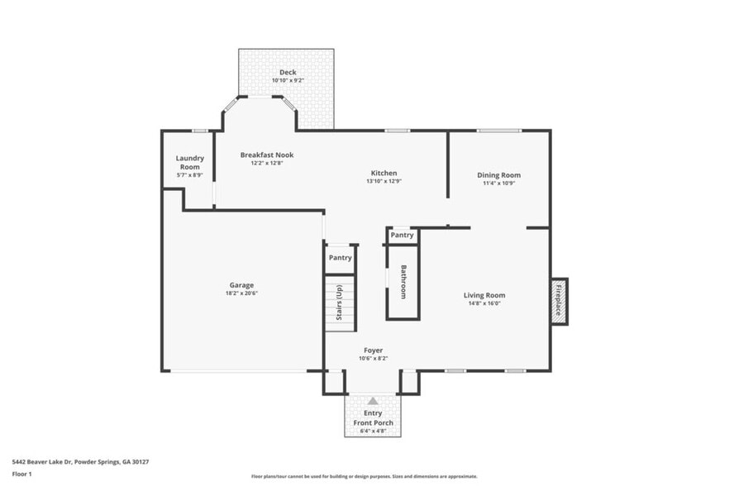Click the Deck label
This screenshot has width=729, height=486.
click(288, 72)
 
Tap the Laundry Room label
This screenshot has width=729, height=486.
click(190, 162)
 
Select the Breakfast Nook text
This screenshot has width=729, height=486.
click(266, 155)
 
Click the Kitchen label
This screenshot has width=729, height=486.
click(384, 173)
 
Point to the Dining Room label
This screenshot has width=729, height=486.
click(498, 174)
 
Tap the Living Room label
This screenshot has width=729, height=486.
click(484, 295)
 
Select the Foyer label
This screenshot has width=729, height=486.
click(372, 350)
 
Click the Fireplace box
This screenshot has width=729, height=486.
click(559, 301)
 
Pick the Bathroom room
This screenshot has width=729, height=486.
click(403, 282)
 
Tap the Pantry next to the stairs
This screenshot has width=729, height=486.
click(340, 257)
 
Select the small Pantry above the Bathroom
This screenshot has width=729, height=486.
click(402, 236)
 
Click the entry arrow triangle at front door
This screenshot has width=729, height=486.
click(372, 401)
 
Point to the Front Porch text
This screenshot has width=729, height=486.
click(372, 422)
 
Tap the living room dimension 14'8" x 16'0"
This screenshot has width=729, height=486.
click(484, 303)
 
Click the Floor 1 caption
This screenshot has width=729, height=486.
click(22, 474)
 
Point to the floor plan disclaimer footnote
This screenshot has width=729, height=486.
click(364, 477)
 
